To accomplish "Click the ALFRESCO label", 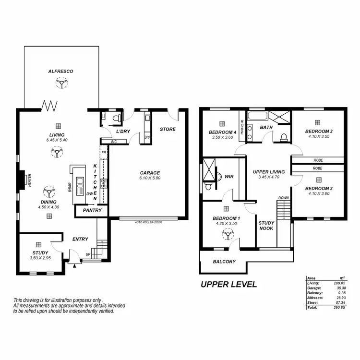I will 60,71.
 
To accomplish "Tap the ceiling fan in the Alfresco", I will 61,84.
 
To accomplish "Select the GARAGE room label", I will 150,173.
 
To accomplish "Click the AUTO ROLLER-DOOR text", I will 148,223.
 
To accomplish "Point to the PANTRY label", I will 91,210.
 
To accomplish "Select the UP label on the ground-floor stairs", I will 88,254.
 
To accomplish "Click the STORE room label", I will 168,129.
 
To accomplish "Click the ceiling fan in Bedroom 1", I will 226,234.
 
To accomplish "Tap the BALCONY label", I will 224,262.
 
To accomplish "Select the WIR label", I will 229,177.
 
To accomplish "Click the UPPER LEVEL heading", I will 228,284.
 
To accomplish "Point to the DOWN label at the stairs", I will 283,198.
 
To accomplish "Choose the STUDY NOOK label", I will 266,226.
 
